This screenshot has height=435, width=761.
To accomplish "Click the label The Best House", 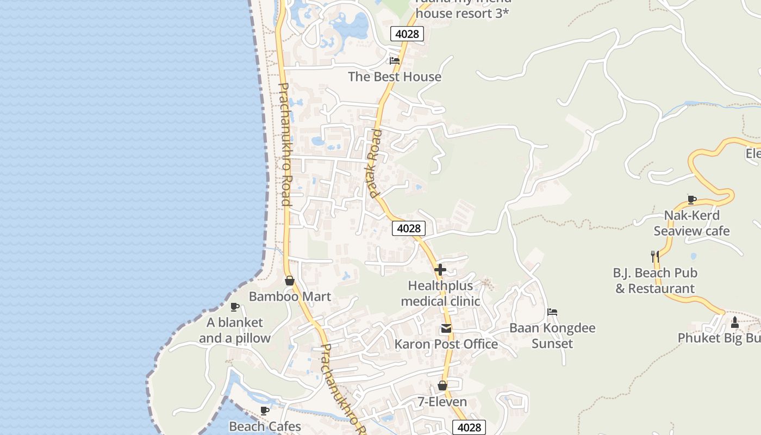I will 395,77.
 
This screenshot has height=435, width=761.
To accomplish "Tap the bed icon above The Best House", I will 395,61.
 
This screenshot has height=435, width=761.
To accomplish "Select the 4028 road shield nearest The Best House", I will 407,34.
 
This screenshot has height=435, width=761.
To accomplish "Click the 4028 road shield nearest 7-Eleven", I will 469,427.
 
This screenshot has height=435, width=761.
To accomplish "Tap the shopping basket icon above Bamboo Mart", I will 290,281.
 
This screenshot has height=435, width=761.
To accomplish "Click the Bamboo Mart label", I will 290,296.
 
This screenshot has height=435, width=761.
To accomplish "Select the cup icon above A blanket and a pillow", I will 235,307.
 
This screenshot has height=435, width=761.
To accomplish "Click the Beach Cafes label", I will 265,426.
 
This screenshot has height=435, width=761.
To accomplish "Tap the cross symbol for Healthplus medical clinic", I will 440,269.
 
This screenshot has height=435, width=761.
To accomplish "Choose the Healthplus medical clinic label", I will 440,293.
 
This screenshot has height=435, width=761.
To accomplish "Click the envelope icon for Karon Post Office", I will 446,328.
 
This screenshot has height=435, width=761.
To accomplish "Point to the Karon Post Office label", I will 446,344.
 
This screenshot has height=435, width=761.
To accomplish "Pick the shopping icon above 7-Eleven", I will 442,386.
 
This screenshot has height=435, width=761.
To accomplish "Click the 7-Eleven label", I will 442,402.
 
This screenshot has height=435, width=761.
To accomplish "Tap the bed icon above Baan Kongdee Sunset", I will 552,312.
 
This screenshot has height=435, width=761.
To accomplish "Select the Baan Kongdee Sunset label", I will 552,336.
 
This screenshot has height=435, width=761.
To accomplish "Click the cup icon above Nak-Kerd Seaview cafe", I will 692,200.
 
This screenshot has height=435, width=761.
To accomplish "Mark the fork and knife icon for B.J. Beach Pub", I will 655,256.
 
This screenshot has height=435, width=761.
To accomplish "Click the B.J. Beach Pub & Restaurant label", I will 655,281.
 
